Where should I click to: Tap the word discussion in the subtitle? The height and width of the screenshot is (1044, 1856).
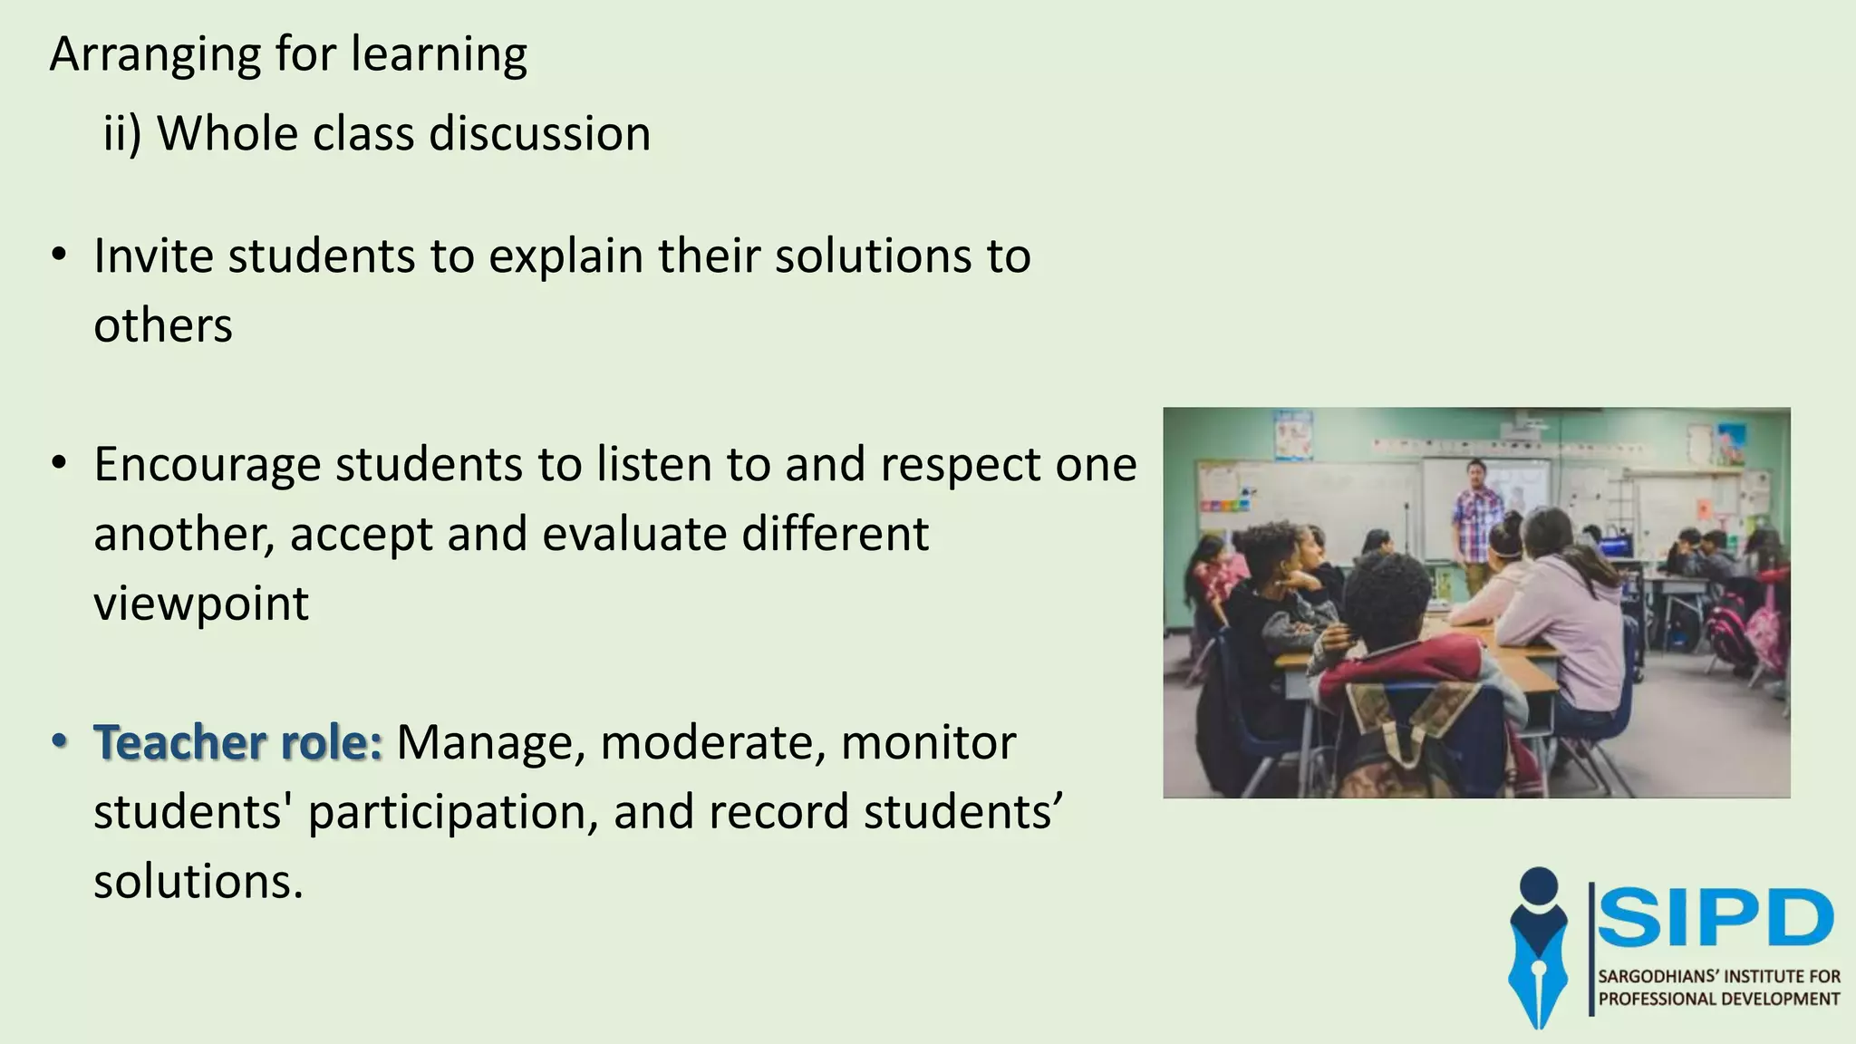pyautogui.click(x=539, y=134)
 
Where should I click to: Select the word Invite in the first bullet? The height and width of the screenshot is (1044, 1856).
pyautogui.click(x=153, y=256)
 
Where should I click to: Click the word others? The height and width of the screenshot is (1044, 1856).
pyautogui.click(x=163, y=325)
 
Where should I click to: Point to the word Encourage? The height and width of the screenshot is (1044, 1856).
pyautogui.click(x=208, y=465)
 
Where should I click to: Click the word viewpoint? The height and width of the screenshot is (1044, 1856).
pyautogui.click(x=201, y=604)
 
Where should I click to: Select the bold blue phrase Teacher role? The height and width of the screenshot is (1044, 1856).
pyautogui.click(x=238, y=742)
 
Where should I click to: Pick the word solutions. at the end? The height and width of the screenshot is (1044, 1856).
pyautogui.click(x=198, y=881)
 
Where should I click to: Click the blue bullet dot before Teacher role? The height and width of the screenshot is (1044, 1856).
pyautogui.click(x=60, y=742)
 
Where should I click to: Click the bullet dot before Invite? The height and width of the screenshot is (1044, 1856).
pyautogui.click(x=60, y=256)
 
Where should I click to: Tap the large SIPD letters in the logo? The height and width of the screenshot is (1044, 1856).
pyautogui.click(x=1716, y=917)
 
